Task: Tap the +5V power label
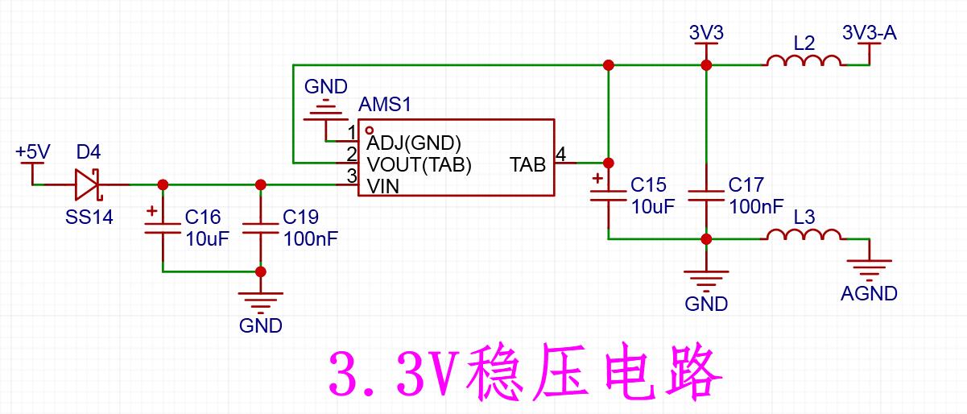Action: click(33, 152)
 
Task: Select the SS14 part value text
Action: click(89, 217)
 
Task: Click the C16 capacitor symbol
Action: click(163, 229)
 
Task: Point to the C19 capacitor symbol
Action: click(260, 229)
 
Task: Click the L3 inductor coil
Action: click(804, 234)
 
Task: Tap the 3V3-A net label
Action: click(870, 33)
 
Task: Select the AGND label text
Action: click(869, 293)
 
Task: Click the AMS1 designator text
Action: click(385, 105)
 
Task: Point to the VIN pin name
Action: click(383, 187)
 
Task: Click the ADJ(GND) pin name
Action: click(414, 143)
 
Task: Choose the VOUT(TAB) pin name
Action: click(419, 165)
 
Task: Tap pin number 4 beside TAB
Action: click(560, 154)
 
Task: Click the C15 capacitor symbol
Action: click(608, 196)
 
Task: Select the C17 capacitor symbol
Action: click(706, 196)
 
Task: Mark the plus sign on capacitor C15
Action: click(597, 178)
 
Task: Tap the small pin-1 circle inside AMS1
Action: click(369, 130)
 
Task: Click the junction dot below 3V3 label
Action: click(706, 65)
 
